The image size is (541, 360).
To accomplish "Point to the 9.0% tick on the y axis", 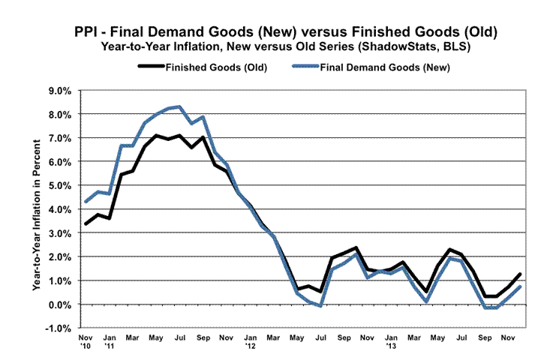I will point(59,91).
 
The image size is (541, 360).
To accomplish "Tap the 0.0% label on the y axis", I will point(59,304).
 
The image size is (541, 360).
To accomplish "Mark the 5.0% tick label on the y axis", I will point(59,186).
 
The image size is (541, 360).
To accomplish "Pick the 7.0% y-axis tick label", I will point(59,138).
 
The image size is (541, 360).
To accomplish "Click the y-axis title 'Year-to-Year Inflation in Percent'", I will point(35,210).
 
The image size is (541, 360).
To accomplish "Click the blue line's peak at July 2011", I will point(179,106).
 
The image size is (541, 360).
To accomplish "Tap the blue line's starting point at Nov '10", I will point(85,202).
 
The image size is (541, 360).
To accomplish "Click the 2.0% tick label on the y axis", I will point(59,257).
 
